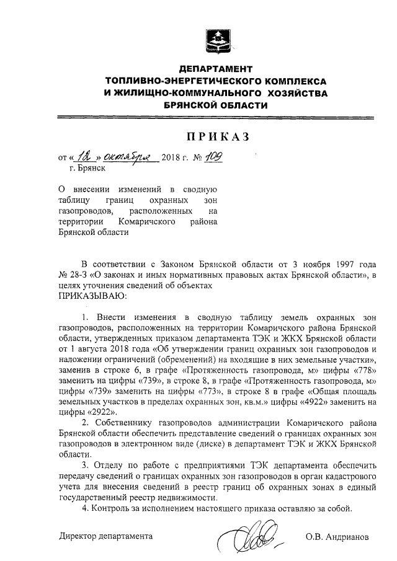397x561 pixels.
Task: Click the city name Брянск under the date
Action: [x=92, y=167]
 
